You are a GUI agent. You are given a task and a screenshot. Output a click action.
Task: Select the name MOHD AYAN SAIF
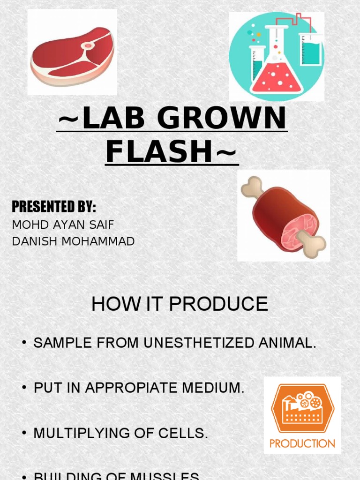pyautogui.click(x=63, y=225)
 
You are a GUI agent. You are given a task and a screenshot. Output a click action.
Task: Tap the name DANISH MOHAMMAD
pyautogui.click(x=74, y=241)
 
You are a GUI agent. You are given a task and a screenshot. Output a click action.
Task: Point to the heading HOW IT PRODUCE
pyautogui.click(x=180, y=304)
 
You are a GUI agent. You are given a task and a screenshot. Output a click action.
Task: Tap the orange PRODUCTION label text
pyautogui.click(x=302, y=443)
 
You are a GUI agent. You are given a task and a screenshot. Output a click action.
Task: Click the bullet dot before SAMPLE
pyautogui.click(x=23, y=343)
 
